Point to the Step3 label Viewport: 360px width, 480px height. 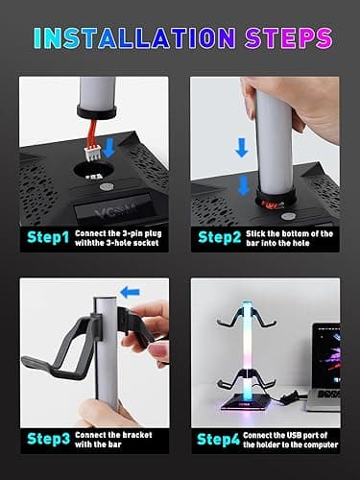(47, 441)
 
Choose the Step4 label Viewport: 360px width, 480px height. (218, 441)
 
